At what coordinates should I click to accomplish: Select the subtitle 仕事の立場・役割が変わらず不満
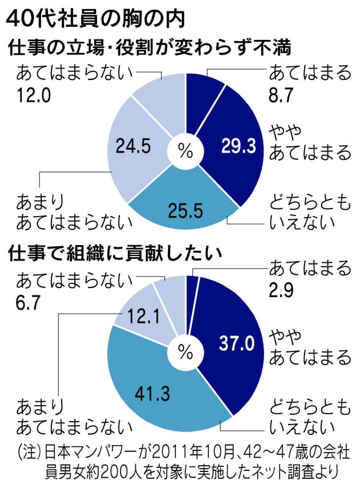pyautogui.click(x=149, y=48)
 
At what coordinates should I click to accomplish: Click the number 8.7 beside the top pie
pyautogui.click(x=282, y=95)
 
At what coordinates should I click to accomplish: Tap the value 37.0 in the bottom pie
pyautogui.click(x=236, y=343)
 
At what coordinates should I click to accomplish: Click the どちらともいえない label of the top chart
pyautogui.click(x=309, y=211)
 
